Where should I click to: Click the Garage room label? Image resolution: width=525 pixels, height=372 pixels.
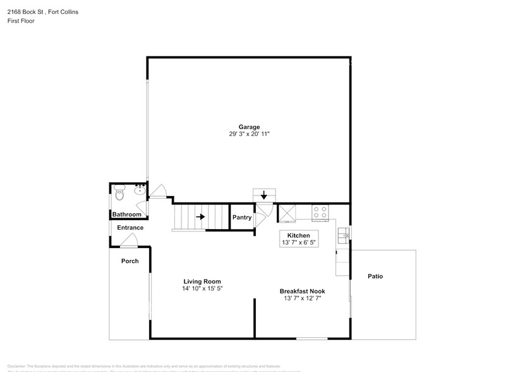point(249,127)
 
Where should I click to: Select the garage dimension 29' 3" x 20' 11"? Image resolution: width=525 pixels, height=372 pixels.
point(249,134)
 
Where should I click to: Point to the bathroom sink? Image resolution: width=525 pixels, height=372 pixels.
point(140,190)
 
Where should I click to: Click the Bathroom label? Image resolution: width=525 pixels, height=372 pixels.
point(126,214)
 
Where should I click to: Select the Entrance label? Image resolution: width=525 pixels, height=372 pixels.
point(130,228)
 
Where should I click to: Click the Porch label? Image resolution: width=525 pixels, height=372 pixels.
point(130,261)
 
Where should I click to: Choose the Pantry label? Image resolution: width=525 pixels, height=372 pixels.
point(242,217)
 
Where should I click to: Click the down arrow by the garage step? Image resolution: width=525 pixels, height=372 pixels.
point(263,195)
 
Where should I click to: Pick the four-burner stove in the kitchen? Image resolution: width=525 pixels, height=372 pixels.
point(320,212)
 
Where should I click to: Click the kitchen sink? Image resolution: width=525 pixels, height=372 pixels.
point(343,236)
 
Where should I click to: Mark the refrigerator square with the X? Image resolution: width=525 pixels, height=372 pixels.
point(287,213)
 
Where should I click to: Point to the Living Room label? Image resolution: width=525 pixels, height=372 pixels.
point(202,282)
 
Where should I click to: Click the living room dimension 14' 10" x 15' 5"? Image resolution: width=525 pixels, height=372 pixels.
point(202,288)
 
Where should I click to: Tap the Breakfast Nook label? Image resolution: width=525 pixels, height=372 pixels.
point(302,291)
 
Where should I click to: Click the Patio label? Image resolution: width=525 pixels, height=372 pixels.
point(375,276)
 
